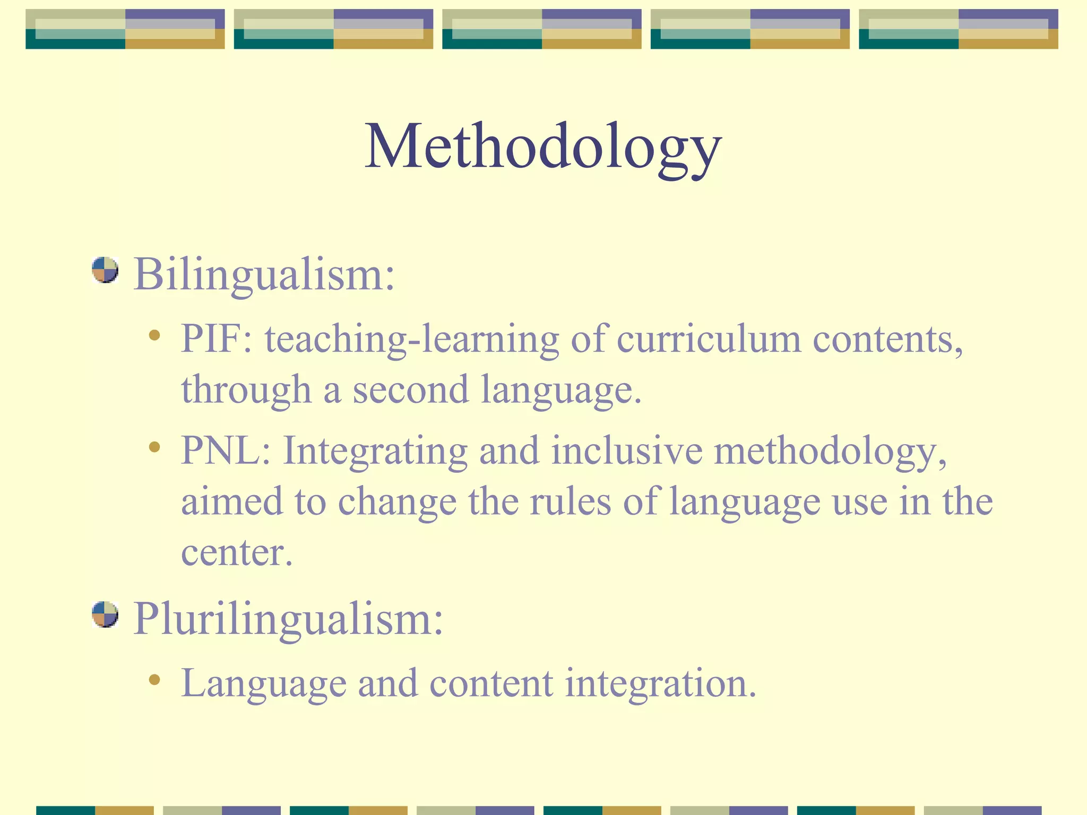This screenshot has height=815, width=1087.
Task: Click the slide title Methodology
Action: point(542,147)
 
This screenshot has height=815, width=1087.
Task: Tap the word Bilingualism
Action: point(264,275)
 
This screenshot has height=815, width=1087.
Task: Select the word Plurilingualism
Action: point(288,619)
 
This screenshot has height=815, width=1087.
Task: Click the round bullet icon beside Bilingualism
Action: point(105,270)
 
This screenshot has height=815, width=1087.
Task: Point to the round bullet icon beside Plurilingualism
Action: point(105,614)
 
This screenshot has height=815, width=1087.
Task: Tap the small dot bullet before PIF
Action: point(154,335)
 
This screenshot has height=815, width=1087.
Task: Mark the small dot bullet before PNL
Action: point(154,447)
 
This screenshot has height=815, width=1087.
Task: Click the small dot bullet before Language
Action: point(154,680)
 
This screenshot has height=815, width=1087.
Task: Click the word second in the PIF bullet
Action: point(411,390)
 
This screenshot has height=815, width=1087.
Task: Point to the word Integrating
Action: point(375,450)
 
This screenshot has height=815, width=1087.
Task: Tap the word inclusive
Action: point(626,450)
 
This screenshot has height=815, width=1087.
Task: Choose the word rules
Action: point(570,501)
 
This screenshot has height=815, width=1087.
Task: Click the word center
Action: point(236,553)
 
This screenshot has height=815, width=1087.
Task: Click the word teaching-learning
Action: point(412,339)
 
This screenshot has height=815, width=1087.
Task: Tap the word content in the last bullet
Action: point(491,683)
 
